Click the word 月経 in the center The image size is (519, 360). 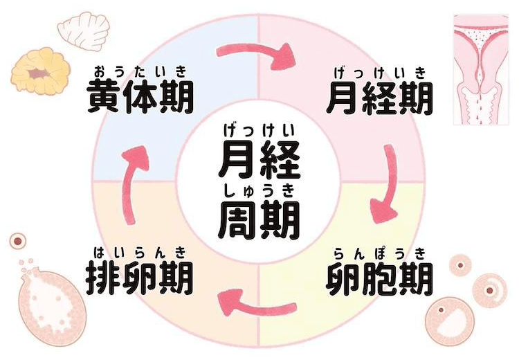pyautogui.click(x=259, y=159)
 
